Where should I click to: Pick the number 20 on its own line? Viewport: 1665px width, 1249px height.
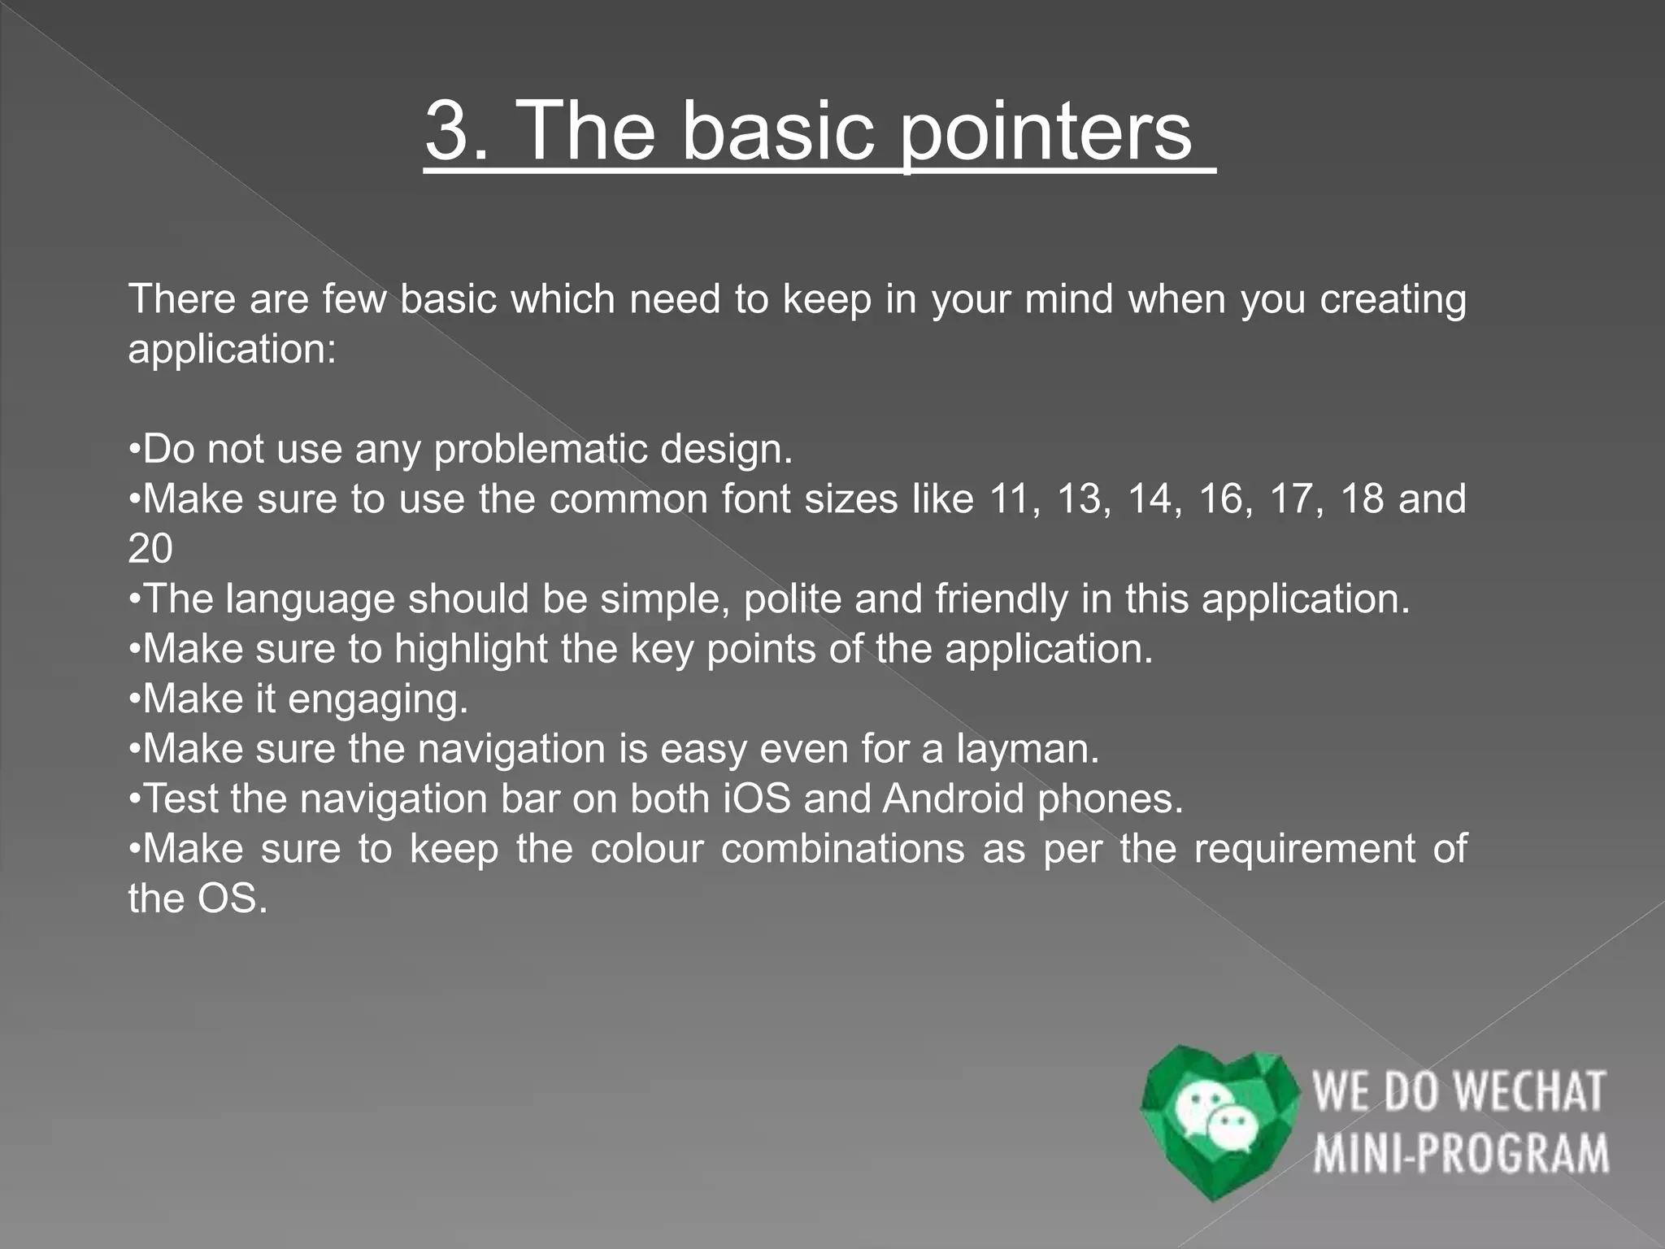pyautogui.click(x=150, y=549)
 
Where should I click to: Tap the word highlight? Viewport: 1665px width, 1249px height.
pyautogui.click(x=471, y=649)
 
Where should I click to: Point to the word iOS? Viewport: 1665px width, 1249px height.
pyautogui.click(x=756, y=799)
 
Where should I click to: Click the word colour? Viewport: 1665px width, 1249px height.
pyautogui.click(x=646, y=849)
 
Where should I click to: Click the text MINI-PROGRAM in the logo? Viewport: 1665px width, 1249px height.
pyautogui.click(x=1460, y=1154)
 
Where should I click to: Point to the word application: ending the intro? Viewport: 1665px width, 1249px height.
pyautogui.click(x=232, y=350)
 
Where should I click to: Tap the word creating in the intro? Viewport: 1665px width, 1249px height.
pyautogui.click(x=1393, y=299)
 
